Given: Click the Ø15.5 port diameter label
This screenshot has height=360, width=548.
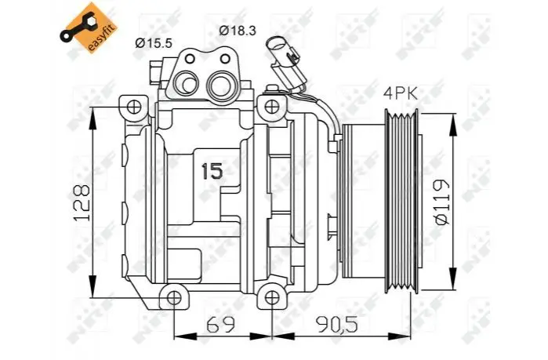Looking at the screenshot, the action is point(154,43).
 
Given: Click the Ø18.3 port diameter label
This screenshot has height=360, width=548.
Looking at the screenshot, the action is point(238,31).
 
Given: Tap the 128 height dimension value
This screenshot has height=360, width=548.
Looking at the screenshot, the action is point(82,202).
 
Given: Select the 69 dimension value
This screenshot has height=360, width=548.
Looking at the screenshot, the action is point(220,325).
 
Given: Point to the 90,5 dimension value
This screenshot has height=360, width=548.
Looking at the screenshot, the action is point(337,325).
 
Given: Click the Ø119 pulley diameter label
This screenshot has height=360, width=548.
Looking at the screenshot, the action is point(441,202).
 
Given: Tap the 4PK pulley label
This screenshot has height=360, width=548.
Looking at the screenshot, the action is point(401,93).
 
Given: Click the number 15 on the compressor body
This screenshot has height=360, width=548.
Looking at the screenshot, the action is point(212,171).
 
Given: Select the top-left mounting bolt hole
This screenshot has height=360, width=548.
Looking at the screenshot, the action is point(134,107).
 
